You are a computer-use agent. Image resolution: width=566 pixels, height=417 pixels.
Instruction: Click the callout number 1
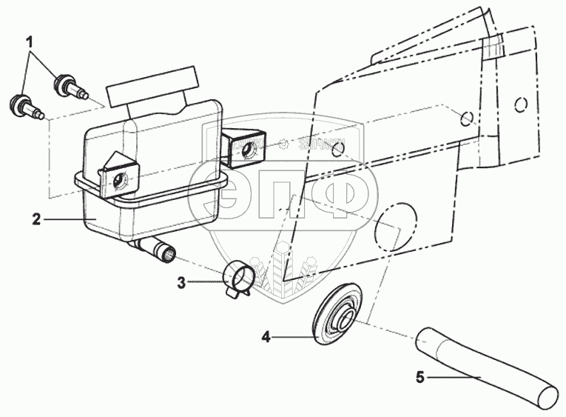30,42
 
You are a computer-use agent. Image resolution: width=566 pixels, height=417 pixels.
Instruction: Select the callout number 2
35,218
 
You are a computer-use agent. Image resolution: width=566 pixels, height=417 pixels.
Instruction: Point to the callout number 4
266,337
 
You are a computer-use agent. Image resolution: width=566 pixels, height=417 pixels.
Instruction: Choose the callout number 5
420,378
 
